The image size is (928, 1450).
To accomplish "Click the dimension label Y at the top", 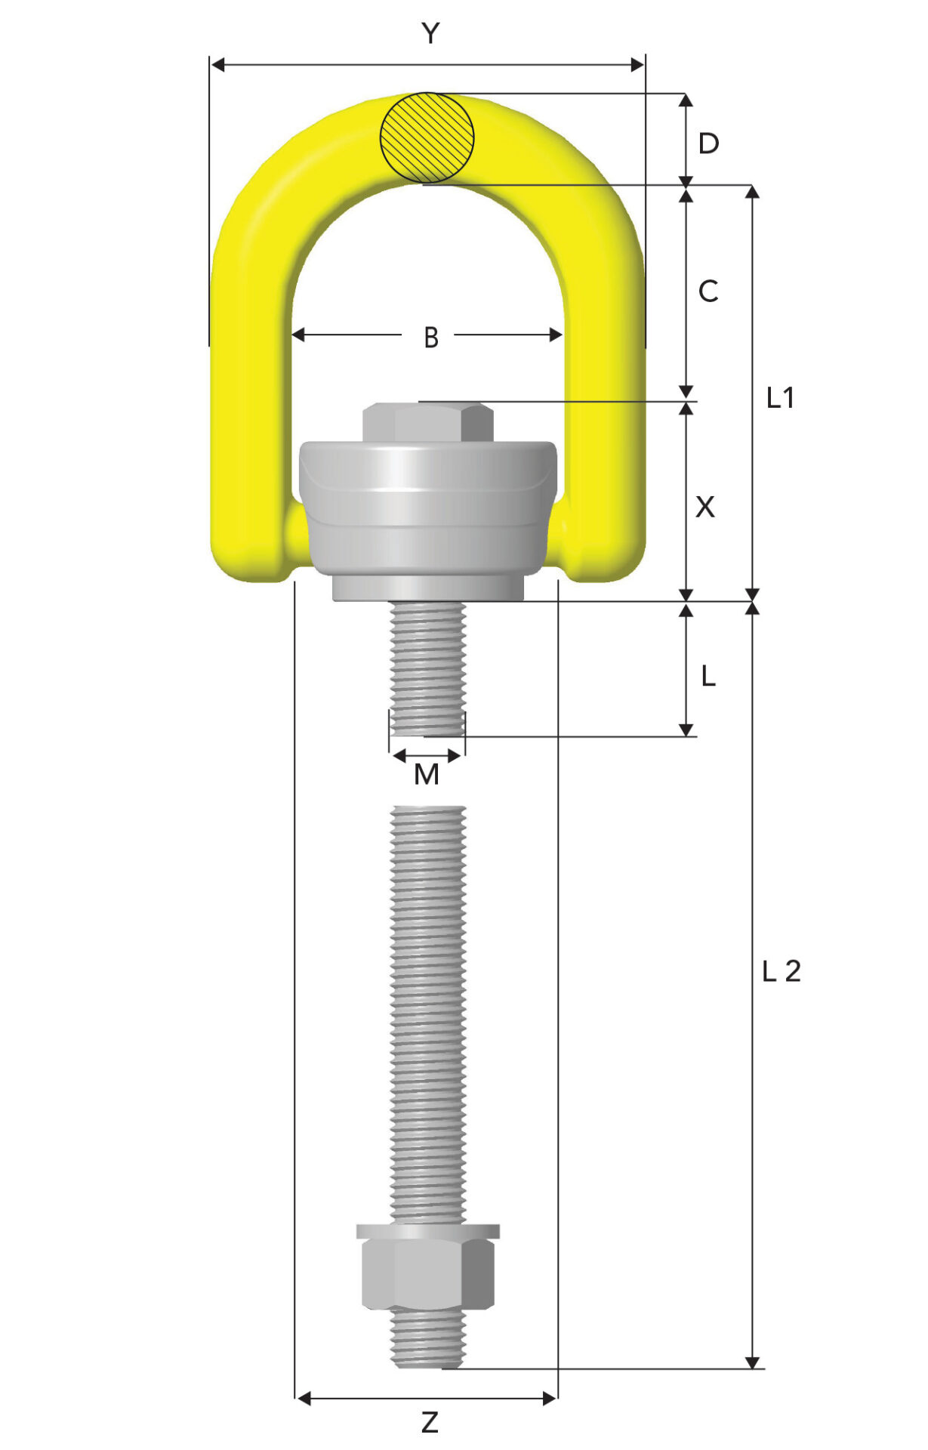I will tap(430, 33).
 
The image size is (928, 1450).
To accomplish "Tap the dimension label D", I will tap(708, 143).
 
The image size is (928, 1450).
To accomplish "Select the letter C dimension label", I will tap(708, 291).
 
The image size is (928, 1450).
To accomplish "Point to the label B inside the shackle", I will tap(430, 338).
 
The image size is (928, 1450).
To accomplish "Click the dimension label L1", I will tap(780, 398).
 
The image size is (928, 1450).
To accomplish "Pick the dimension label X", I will tap(704, 507).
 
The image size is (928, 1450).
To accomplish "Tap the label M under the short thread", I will tap(427, 774).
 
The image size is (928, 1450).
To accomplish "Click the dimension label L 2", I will tap(781, 971).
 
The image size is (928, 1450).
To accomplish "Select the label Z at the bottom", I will tap(430, 1423).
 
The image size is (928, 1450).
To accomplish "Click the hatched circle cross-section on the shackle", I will tap(427, 137).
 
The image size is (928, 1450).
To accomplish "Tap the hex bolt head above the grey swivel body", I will tap(427, 424).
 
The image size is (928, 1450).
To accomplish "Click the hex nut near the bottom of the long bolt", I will tap(427, 1276).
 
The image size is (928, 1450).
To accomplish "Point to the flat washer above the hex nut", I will tap(427, 1231).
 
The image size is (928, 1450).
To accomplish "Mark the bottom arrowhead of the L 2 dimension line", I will tap(752, 1362).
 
